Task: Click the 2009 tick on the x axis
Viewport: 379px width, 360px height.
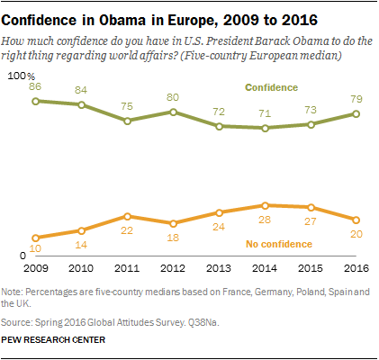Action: tap(35, 268)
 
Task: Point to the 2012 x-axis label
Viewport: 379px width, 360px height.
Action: tap(173, 268)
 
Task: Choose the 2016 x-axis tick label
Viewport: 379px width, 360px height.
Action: tap(356, 268)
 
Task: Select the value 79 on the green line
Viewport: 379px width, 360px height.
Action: tap(356, 98)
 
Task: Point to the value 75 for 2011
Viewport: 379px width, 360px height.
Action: tap(127, 105)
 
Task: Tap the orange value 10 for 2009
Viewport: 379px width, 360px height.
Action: tap(35, 248)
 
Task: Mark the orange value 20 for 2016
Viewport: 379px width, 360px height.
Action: tap(356, 232)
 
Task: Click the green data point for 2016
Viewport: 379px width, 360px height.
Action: tap(356, 113)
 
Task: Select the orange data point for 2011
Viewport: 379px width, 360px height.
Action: tap(127, 216)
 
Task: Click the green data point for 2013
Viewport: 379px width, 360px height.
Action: tap(219, 126)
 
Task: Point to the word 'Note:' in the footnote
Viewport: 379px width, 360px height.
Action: tap(14, 292)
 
